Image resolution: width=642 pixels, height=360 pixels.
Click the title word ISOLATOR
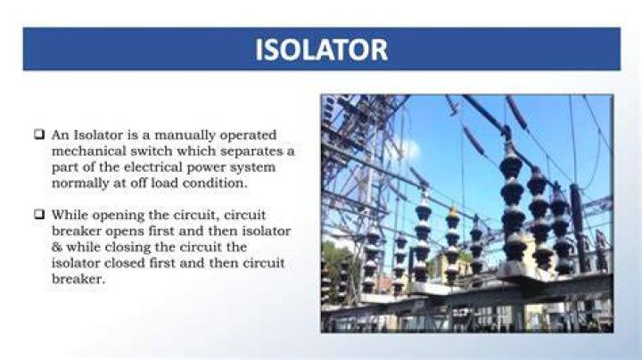point(321,50)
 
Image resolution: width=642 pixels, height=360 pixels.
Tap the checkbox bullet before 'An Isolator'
point(39,135)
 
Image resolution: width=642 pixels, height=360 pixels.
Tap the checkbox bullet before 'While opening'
point(39,214)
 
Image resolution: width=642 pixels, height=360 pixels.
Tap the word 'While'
point(70,215)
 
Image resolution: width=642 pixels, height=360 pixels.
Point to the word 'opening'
point(118,216)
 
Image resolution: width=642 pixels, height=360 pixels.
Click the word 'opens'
point(125,232)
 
